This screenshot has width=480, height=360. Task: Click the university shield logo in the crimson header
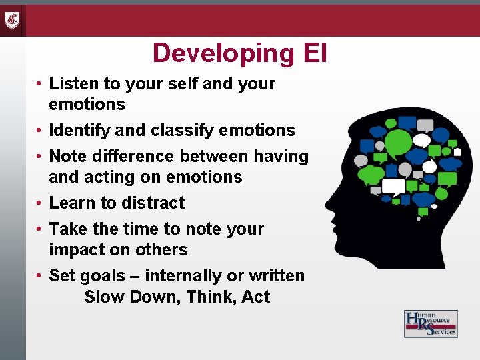point(12,21)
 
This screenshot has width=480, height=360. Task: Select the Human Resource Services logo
point(431,323)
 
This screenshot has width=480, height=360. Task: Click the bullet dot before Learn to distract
point(41,203)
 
